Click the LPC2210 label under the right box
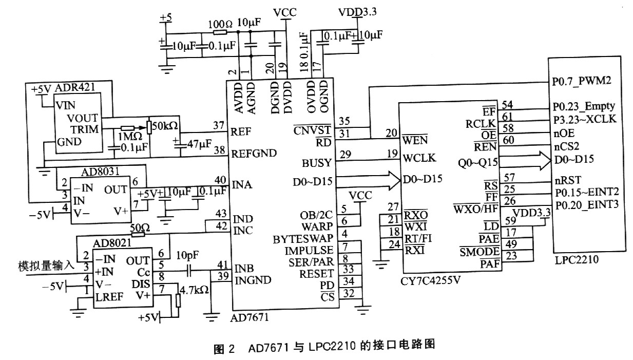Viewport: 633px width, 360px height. pos(577,260)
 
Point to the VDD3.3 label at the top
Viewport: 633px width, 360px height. pos(357,12)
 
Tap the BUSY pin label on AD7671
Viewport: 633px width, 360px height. pos(317,163)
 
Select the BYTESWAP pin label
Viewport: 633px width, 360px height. pos(303,239)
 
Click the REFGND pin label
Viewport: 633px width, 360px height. pos(254,153)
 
